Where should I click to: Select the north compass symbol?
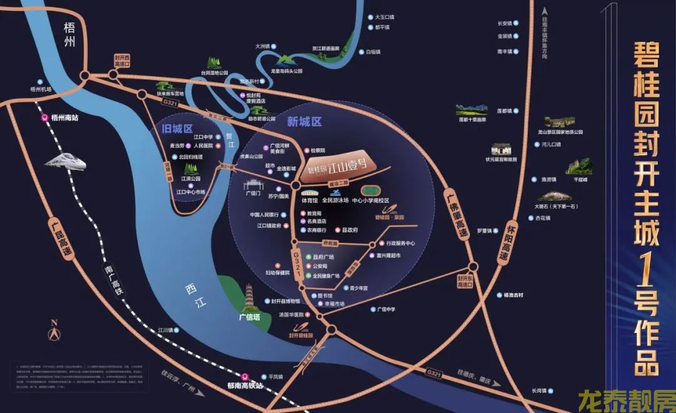(x=54, y=330)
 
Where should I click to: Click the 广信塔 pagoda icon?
(x=252, y=297)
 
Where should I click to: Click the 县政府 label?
(x=350, y=230)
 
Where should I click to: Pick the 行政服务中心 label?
(x=401, y=243)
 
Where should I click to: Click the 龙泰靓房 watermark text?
(x=626, y=399)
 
